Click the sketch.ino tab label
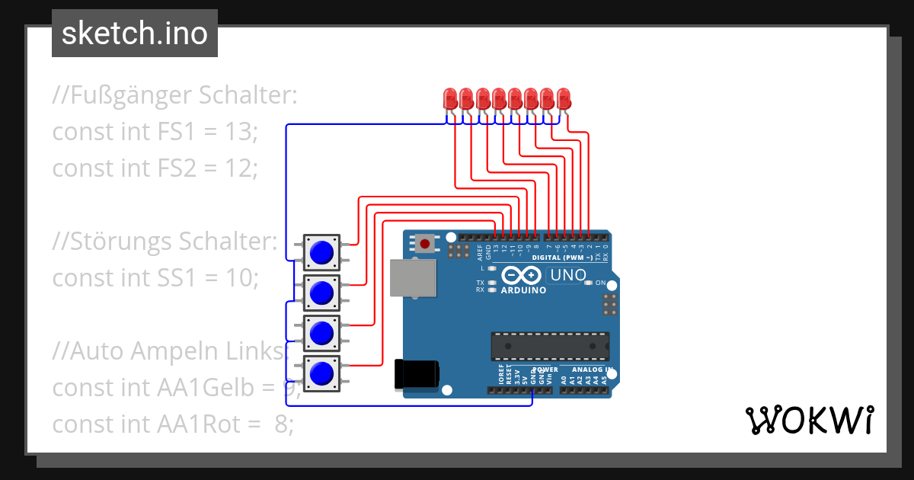[134, 34]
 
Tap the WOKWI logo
[809, 420]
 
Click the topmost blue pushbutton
[322, 251]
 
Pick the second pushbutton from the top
[322, 292]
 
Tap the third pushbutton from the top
[322, 333]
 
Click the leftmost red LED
[450, 98]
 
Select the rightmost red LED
[564, 98]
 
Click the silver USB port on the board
[413, 277]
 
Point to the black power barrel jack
[417, 374]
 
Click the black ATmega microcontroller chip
[550, 346]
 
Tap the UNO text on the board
[567, 275]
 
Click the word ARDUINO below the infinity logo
[523, 290]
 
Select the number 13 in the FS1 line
[241, 132]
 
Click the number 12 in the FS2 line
[241, 168]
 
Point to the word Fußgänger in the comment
[132, 96]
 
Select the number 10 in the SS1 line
[241, 277]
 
